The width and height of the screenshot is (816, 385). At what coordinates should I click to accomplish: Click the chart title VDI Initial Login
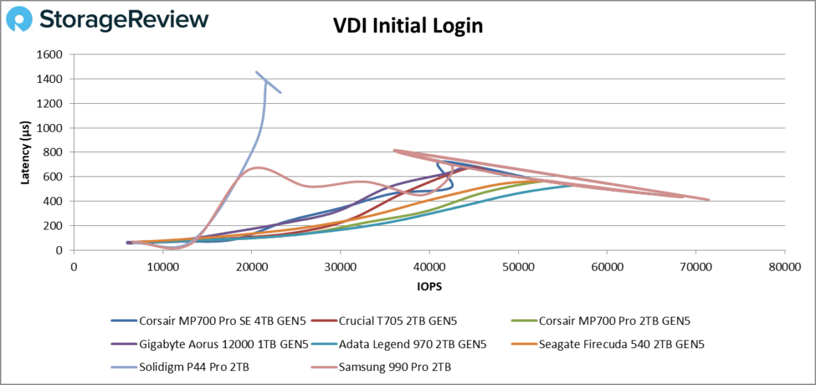(408, 26)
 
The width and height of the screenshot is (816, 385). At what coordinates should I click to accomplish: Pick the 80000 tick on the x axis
(785, 266)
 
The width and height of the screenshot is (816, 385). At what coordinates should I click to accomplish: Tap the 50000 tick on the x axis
(518, 266)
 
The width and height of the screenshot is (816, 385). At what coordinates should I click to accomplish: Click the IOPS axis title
(429, 285)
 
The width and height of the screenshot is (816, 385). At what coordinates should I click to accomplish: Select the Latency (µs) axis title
(26, 152)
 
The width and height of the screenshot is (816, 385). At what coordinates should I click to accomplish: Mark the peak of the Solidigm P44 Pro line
(256, 72)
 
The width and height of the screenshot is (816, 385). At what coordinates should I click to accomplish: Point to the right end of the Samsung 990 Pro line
(709, 200)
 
